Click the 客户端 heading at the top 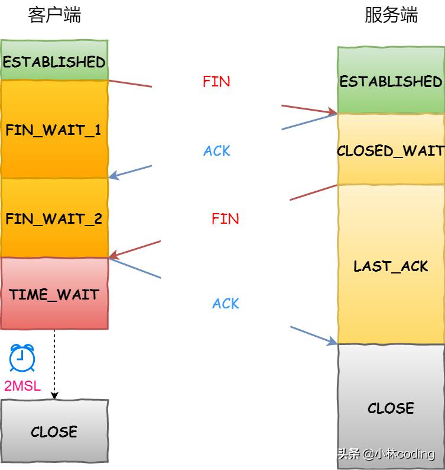pyautogui.click(x=54, y=15)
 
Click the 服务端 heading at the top pyautogui.click(x=391, y=15)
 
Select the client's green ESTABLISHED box pyautogui.click(x=54, y=62)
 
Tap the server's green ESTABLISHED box pyautogui.click(x=391, y=81)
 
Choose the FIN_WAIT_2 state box pyautogui.click(x=54, y=219)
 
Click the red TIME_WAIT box pyautogui.click(x=54, y=294)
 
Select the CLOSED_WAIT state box pyautogui.click(x=391, y=150)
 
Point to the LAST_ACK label pyautogui.click(x=391, y=266)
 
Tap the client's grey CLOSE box pyautogui.click(x=54, y=432)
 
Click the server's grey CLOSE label pyautogui.click(x=391, y=408)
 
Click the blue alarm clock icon pyautogui.click(x=22, y=358)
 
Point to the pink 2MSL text pyautogui.click(x=22, y=387)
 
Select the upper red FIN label pyautogui.click(x=216, y=82)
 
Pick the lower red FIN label pyautogui.click(x=225, y=219)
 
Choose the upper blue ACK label pyautogui.click(x=217, y=151)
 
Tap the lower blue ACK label pyautogui.click(x=226, y=304)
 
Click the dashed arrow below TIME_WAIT pyautogui.click(x=54, y=364)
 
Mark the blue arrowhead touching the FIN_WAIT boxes pyautogui.click(x=114, y=176)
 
